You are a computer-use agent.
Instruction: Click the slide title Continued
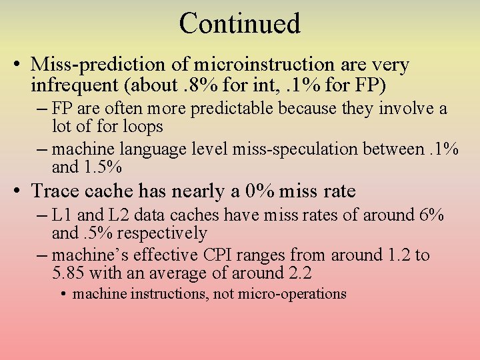click(240, 23)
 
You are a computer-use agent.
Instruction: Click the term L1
click(61, 215)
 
